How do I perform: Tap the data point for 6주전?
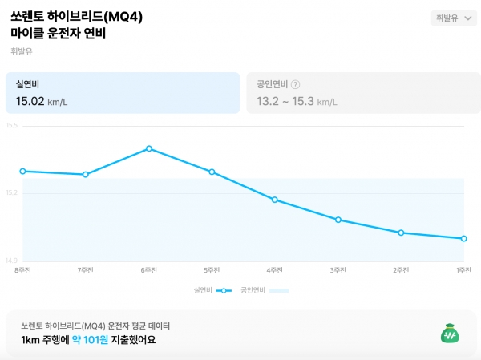point(149,148)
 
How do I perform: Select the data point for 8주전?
point(22,171)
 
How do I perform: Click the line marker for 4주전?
point(275,200)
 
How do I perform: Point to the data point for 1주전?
point(464,238)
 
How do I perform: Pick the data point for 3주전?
point(338,220)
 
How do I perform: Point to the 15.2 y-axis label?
point(11,193)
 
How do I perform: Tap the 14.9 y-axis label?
point(11,261)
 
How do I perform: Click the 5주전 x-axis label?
point(212,270)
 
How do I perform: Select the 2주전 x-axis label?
point(401,270)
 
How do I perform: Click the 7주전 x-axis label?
point(86,270)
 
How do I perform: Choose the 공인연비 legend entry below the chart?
point(264,290)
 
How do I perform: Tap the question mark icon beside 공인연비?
point(296,84)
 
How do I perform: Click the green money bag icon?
point(449,333)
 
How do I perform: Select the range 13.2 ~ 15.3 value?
point(285,101)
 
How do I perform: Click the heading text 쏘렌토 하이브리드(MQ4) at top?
point(77,16)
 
